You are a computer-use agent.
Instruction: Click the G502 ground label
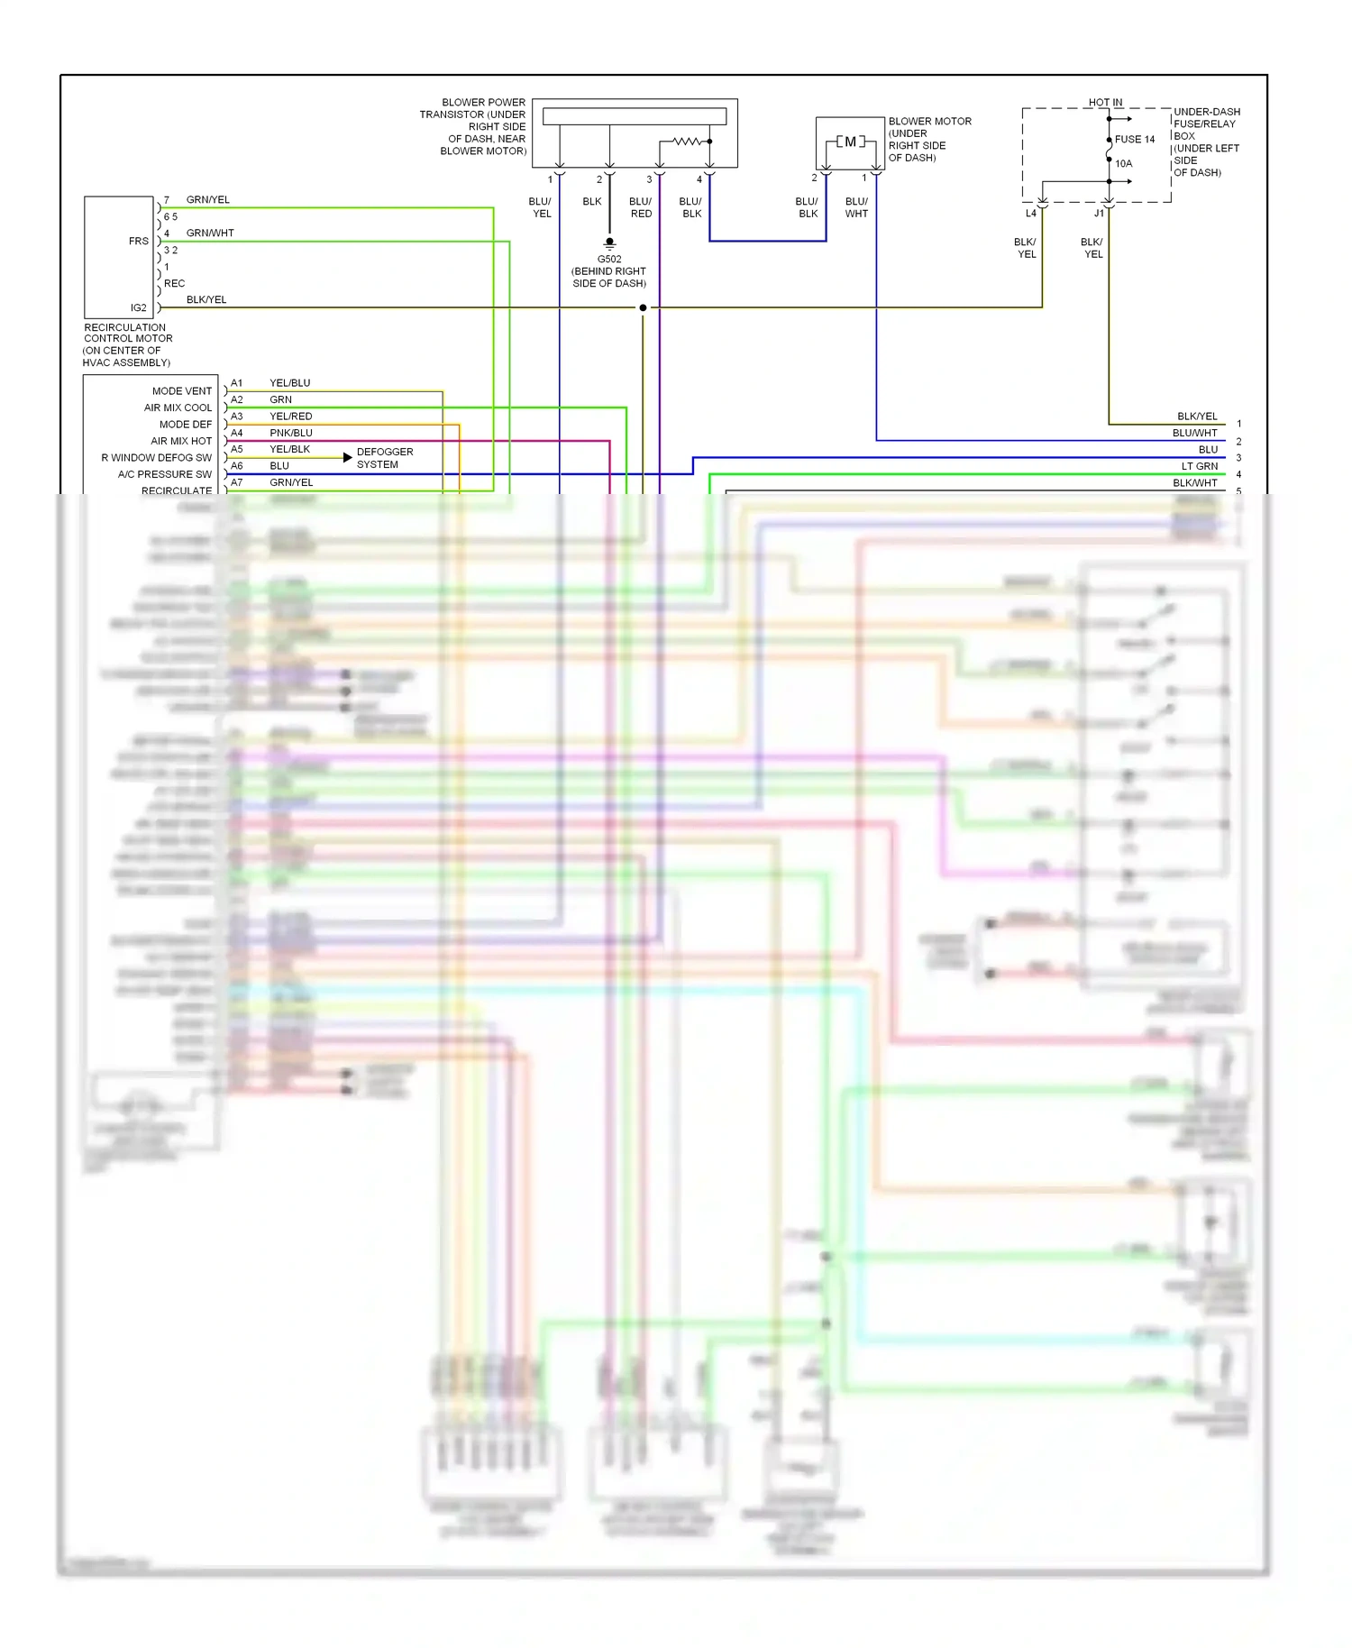pos(609,259)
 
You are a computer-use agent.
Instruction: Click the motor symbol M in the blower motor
pos(850,142)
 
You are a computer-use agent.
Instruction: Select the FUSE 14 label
pos(1134,140)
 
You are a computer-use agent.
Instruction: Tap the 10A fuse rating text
pos(1123,164)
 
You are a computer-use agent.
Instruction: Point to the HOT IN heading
pos(1105,103)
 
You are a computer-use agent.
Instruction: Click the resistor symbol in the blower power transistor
pos(687,142)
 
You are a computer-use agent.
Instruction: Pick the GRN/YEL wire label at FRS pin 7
pos(207,200)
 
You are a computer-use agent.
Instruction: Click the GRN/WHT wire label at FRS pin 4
pos(210,233)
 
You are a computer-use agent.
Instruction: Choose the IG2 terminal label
pos(138,308)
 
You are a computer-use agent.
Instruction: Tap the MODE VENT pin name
pos(182,391)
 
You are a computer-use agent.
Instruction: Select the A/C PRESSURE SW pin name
pos(165,474)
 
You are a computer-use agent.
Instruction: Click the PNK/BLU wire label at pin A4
pos(291,433)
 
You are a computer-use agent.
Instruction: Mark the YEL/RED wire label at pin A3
pos(291,417)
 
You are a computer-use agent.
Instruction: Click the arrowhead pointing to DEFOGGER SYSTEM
pos(348,458)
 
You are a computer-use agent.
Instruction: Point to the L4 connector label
pos(1030,214)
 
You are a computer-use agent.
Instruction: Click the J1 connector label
pos(1099,214)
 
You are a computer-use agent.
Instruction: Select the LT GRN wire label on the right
pos(1199,466)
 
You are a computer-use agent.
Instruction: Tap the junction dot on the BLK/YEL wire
pos(643,308)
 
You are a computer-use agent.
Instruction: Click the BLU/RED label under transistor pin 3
pos(641,208)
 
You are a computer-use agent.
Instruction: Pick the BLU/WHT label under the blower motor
pos(856,208)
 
